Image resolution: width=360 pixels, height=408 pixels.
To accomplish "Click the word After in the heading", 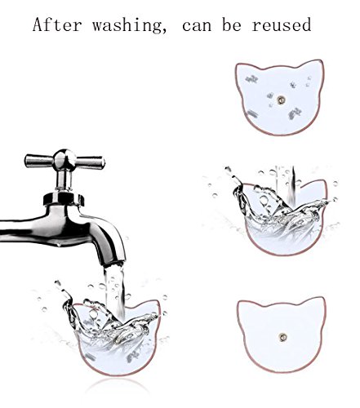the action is coord(57,24).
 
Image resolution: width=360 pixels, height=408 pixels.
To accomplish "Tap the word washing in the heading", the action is coord(129,25).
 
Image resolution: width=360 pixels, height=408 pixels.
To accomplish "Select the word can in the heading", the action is coord(197,26).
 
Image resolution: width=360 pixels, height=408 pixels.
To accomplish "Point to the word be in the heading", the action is coord(232,24).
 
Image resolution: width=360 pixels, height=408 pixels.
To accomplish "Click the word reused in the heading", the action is coord(282,24).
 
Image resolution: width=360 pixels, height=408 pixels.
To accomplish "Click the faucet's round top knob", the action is coord(64,158).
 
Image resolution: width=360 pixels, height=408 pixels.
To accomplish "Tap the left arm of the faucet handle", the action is coord(39,161).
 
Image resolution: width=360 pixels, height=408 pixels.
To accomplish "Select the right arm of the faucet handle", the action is coord(90,162).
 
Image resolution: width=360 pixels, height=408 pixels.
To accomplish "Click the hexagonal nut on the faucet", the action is coord(64,198).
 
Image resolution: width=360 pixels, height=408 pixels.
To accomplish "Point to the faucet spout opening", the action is coord(113,264).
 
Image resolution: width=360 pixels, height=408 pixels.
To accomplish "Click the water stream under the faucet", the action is coord(115,292).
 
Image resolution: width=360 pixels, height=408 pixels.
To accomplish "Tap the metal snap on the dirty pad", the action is coord(280,100).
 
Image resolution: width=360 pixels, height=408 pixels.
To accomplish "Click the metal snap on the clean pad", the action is coord(283,338).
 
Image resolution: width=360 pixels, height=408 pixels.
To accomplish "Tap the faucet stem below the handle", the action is coord(64,180).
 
